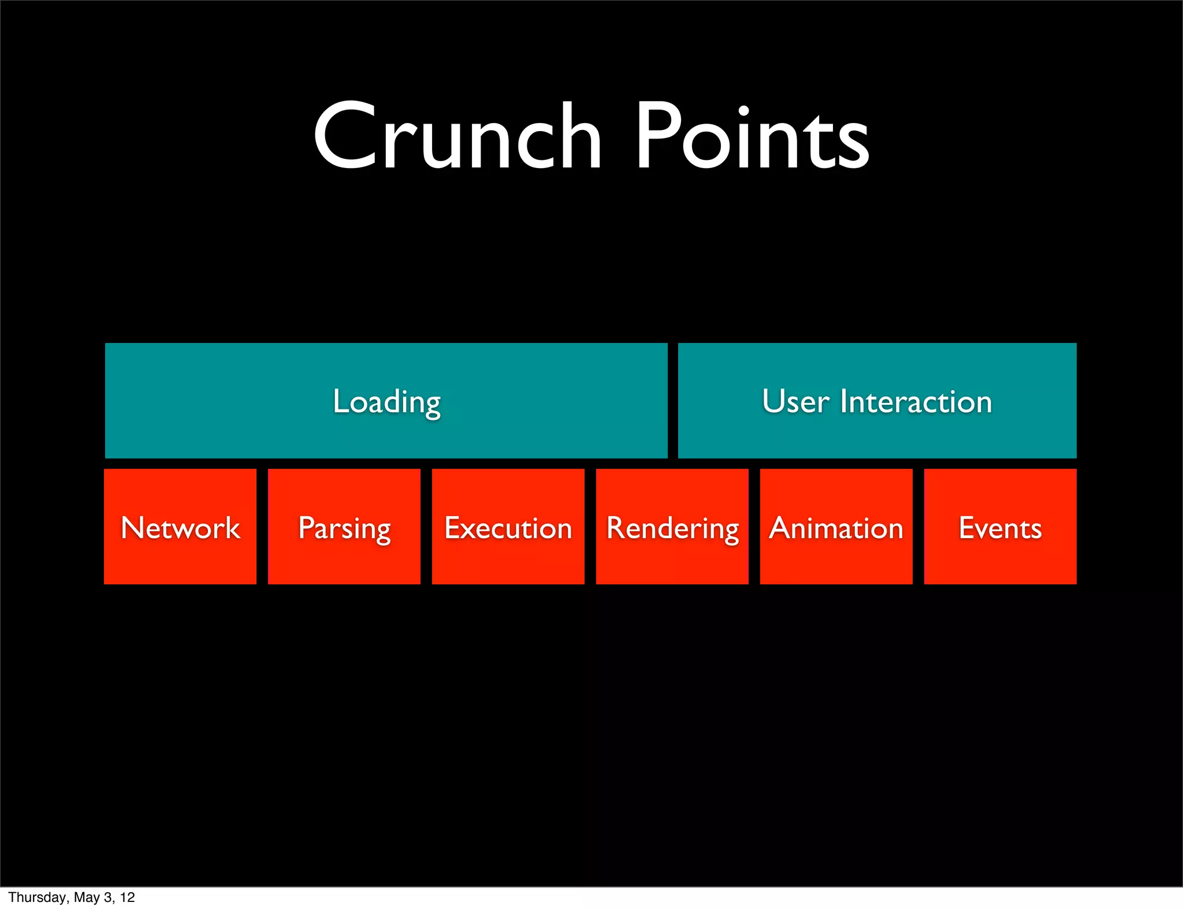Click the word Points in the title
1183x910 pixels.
pyautogui.click(x=752, y=137)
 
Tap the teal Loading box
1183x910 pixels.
pyautogui.click(x=386, y=401)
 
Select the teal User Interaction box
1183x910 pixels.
pyautogui.click(x=877, y=401)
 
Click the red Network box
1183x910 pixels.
pyautogui.click(x=180, y=527)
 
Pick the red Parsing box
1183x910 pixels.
pyautogui.click(x=344, y=527)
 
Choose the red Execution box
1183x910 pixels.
pyautogui.click(x=508, y=527)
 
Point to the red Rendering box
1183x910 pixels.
pyautogui.click(x=672, y=527)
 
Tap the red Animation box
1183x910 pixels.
pyautogui.click(x=836, y=527)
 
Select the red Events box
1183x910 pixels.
pyautogui.click(x=1000, y=527)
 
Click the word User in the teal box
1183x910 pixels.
pyautogui.click(x=795, y=402)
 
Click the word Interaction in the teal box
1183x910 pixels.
pyautogui.click(x=916, y=402)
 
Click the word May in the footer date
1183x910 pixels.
pyautogui.click(x=86, y=897)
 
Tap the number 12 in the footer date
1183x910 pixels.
pyautogui.click(x=128, y=897)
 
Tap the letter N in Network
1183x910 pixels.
pyautogui.click(x=133, y=527)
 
